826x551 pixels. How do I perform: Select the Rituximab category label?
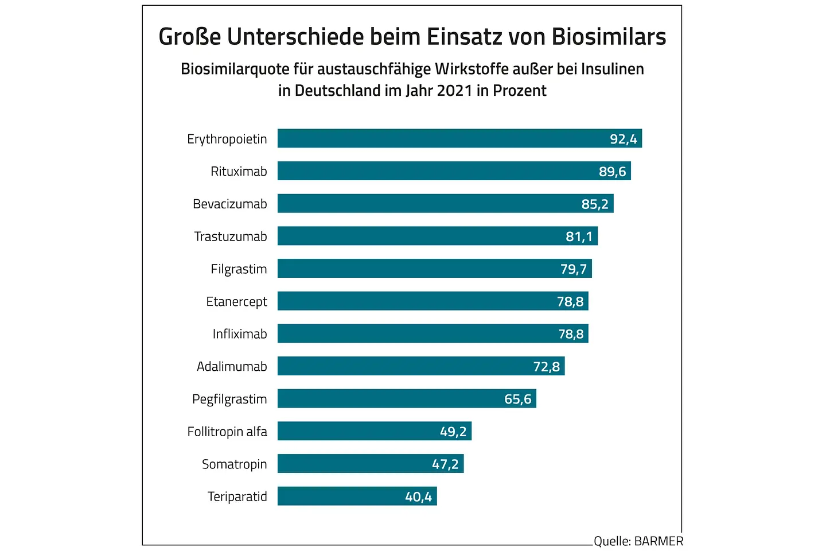(239, 171)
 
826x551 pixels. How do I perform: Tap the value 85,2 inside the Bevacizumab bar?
(595, 204)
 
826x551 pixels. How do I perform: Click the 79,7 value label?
(574, 269)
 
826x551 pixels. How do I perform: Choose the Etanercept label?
(236, 301)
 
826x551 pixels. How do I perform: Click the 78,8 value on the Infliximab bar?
(571, 334)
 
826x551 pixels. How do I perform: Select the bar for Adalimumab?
(402, 366)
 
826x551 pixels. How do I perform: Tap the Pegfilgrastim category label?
(229, 399)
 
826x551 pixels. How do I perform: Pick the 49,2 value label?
(453, 432)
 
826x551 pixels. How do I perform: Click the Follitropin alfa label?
(227, 432)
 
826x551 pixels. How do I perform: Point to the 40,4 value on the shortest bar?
(418, 496)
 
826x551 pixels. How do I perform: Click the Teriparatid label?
(237, 496)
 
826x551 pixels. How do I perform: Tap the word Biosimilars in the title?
(609, 36)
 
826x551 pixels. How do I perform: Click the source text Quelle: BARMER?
(638, 541)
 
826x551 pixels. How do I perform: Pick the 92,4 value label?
(623, 139)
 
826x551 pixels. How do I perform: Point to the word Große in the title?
(189, 36)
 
